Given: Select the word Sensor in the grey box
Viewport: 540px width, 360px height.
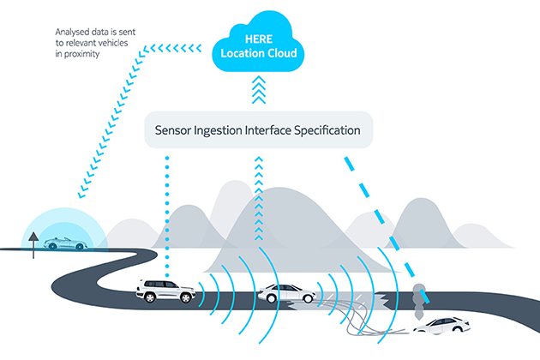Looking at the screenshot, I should point(175,132).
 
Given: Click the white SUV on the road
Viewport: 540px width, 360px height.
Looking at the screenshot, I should point(162,291).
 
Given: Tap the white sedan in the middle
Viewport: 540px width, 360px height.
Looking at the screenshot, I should point(278,294).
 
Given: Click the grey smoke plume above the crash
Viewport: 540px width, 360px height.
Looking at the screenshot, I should point(419,296).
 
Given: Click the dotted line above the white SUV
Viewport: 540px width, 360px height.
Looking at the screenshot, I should point(167,214).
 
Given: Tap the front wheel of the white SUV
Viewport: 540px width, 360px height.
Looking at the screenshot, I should point(177,297).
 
